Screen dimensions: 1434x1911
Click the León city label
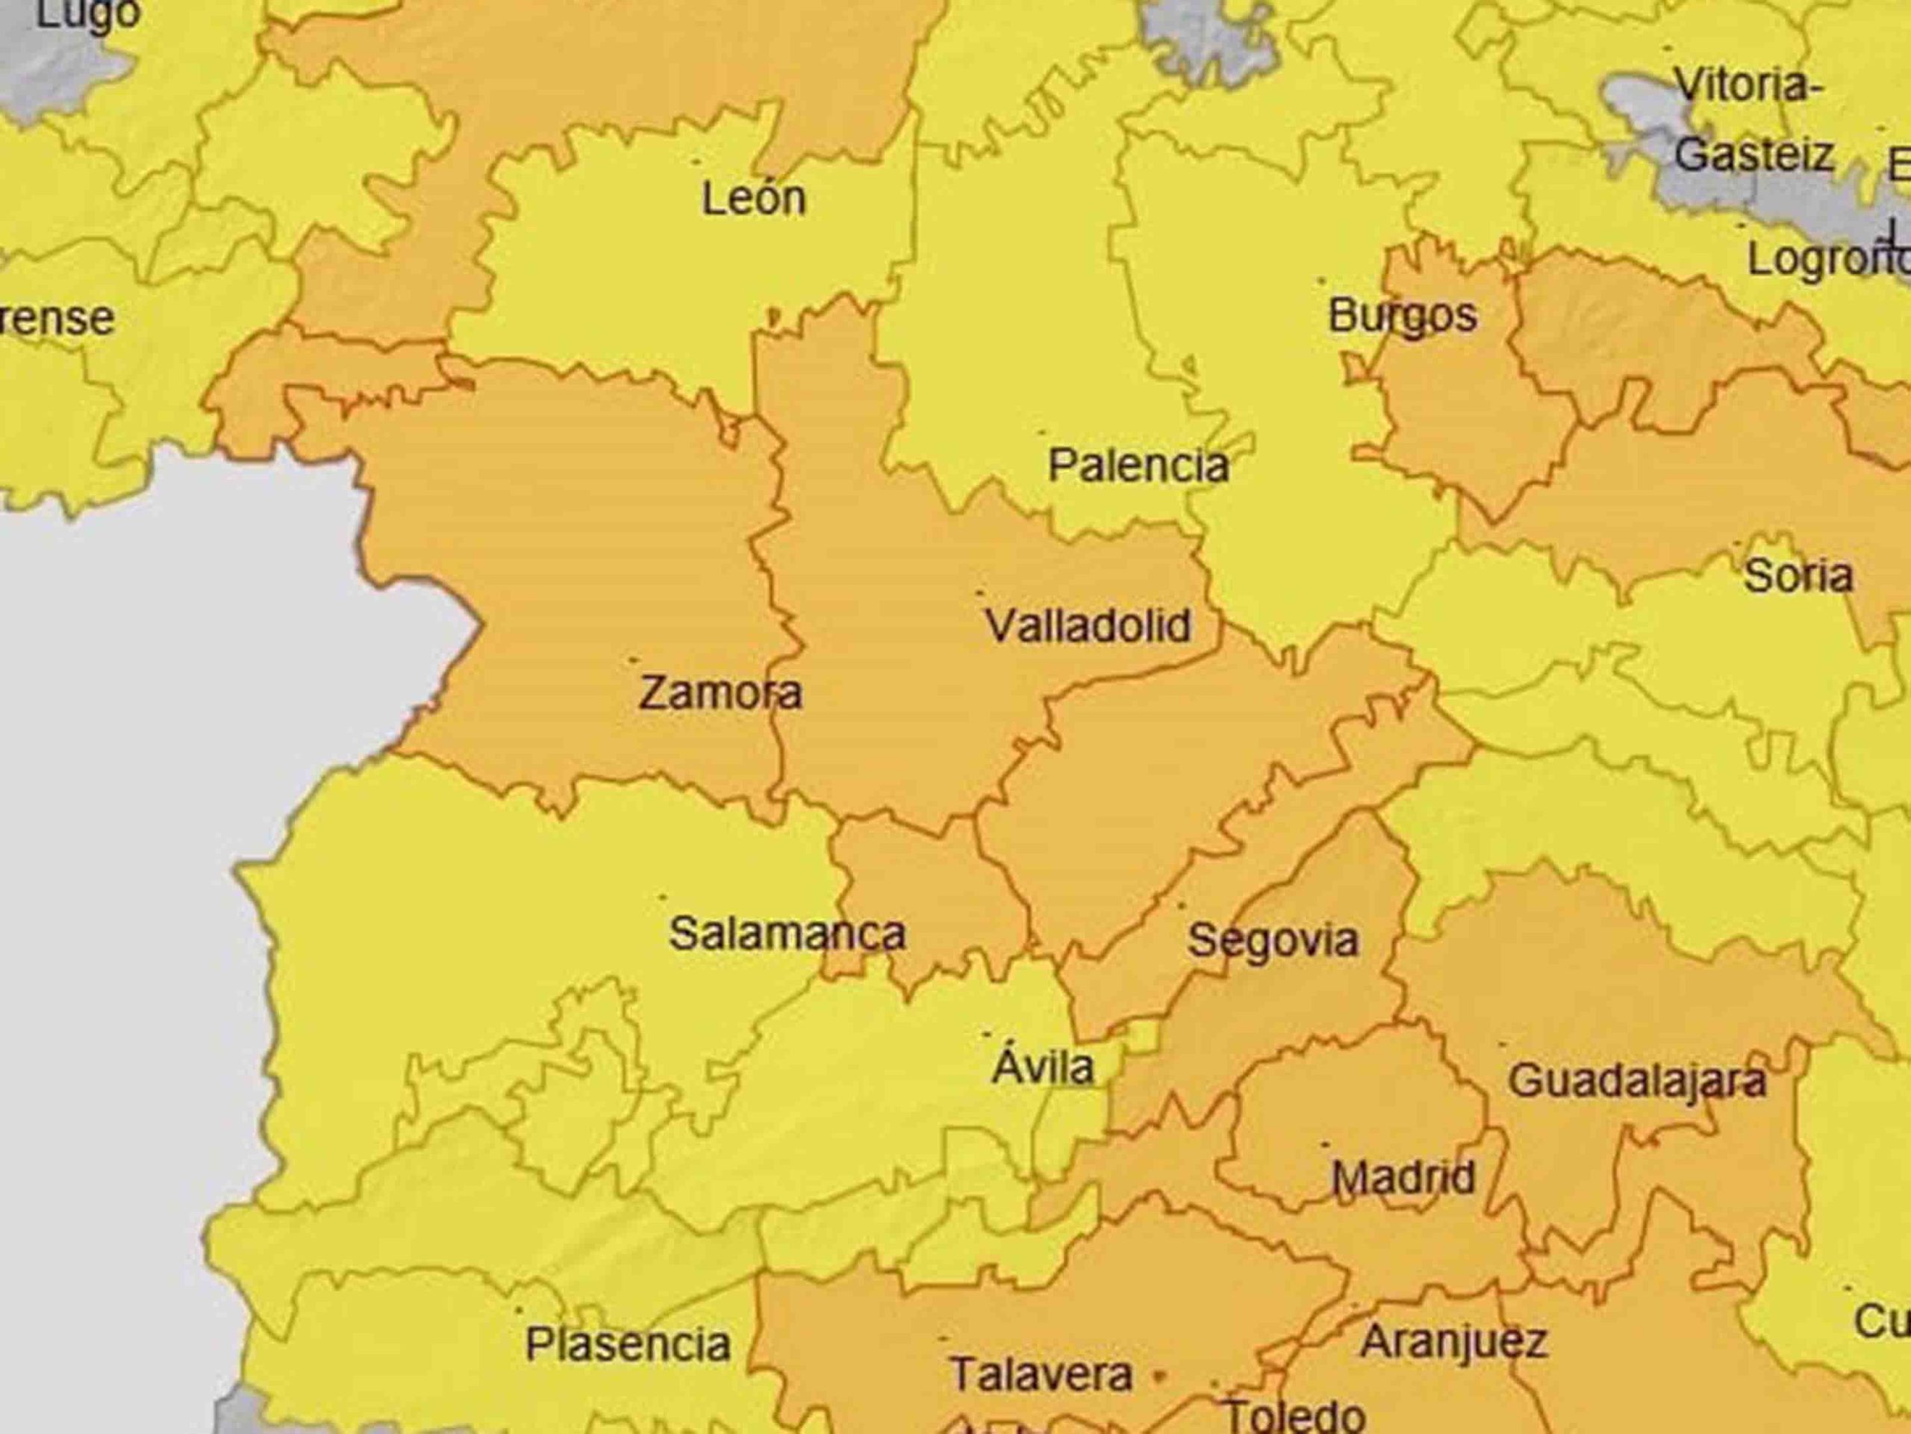tap(753, 199)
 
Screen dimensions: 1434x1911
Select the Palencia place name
tap(1138, 467)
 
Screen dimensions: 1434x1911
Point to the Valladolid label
tap(1088, 626)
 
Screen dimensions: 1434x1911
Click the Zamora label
tap(720, 693)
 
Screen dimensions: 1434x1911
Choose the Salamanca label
tap(787, 934)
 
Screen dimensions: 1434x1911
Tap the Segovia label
tap(1273, 940)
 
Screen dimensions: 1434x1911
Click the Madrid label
tap(1403, 1178)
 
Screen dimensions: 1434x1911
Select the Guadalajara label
tap(1636, 1081)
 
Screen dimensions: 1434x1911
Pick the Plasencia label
tap(628, 1345)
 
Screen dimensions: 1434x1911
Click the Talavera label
tap(1041, 1374)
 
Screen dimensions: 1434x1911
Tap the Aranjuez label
tap(1453, 1341)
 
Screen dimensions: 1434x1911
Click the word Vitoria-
tap(1748, 87)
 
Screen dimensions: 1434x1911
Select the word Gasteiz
tap(1753, 155)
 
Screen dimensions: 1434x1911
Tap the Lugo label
tap(89, 15)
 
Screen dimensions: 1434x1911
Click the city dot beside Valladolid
tap(979, 593)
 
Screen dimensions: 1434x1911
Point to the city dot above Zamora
tap(632, 659)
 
